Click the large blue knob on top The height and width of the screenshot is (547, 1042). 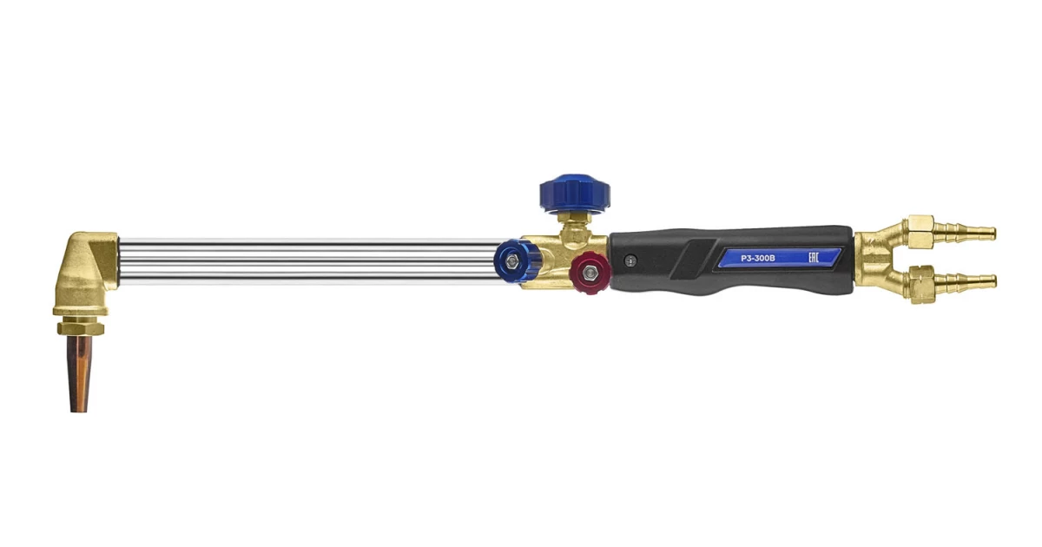575,194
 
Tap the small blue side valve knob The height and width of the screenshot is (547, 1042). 516,261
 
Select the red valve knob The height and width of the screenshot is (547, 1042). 590,273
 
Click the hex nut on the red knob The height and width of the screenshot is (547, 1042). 590,273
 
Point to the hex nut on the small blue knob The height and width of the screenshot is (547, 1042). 512,261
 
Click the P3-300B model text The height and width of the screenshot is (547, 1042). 758,258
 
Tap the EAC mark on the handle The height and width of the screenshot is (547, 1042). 813,257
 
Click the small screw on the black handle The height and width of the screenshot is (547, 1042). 630,261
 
